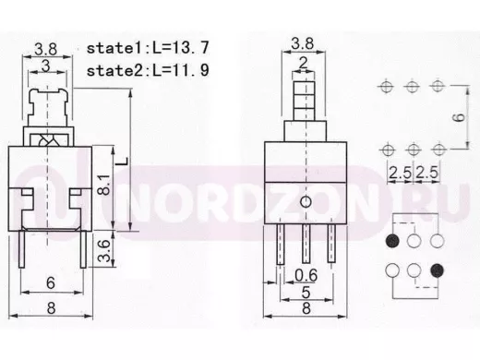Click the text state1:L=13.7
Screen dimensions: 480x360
[148, 48]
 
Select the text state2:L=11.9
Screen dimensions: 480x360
[148, 70]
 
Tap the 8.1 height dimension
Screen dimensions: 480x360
[104, 185]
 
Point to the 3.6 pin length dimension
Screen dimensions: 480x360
[104, 251]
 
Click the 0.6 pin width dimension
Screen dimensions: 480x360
[306, 275]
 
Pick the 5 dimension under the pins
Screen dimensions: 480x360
[306, 293]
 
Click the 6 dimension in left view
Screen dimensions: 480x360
[51, 282]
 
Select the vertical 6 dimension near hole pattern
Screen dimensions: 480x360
[460, 117]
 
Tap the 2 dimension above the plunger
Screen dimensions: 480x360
[304, 63]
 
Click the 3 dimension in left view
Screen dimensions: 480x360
[45, 66]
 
